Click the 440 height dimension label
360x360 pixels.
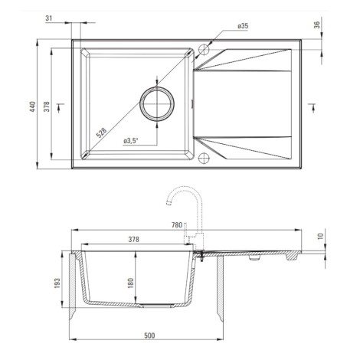coord(32,106)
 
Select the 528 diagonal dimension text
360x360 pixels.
coord(101,133)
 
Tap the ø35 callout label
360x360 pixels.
coord(243,26)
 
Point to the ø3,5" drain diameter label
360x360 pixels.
coord(130,141)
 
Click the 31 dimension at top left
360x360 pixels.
coord(48,18)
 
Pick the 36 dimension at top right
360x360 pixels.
coord(316,25)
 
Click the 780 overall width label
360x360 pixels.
coord(177,225)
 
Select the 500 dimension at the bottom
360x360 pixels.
coord(149,335)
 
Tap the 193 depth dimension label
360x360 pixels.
coord(57,283)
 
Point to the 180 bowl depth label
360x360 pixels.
coord(130,283)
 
